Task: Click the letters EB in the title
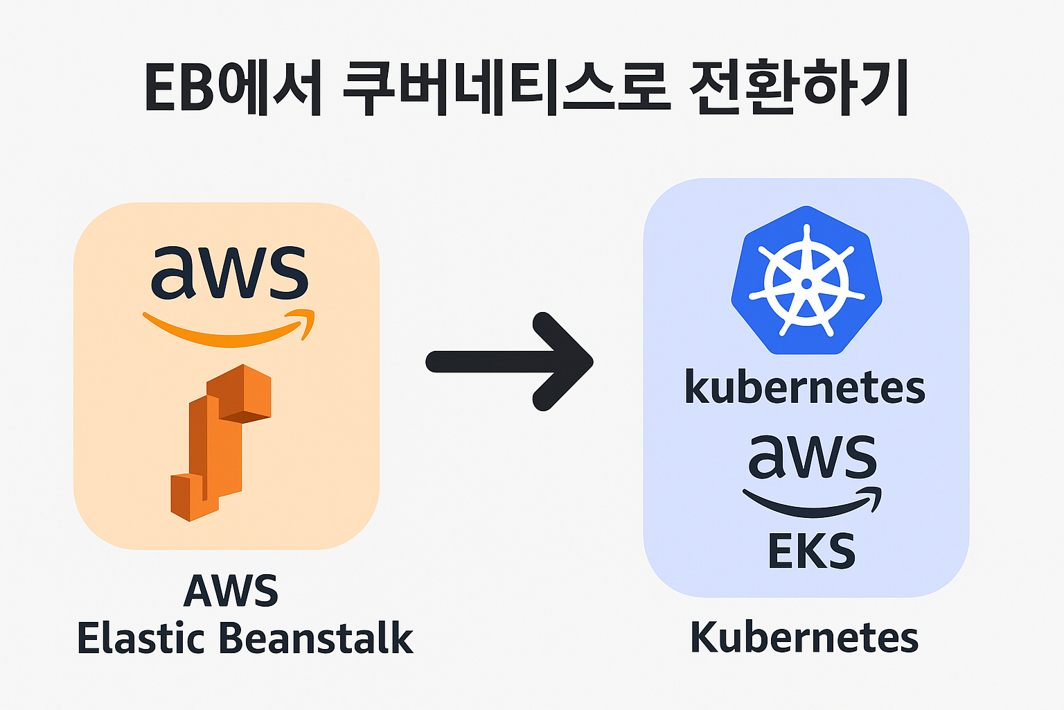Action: (x=179, y=88)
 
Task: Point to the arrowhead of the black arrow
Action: (x=565, y=361)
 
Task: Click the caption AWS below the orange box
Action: (x=231, y=591)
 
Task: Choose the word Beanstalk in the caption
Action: (x=319, y=638)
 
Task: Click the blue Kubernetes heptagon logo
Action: (x=806, y=281)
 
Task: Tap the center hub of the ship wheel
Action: (x=806, y=284)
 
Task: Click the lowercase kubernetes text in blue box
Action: (x=805, y=388)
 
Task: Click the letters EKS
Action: (x=812, y=551)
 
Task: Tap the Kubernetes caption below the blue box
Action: (x=805, y=637)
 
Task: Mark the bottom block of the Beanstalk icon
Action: (x=193, y=496)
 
